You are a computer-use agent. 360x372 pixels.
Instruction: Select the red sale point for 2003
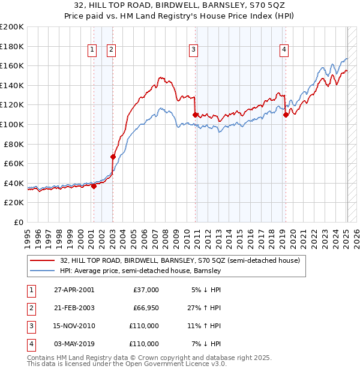113,157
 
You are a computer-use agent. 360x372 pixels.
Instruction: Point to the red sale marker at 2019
286,115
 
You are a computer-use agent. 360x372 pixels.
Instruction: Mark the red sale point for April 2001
94,186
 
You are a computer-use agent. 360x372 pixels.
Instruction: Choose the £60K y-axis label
14,163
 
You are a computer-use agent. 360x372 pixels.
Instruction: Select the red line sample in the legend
42,260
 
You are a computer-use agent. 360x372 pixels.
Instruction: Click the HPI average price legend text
140,271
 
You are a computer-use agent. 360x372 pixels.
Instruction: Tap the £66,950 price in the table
143,307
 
